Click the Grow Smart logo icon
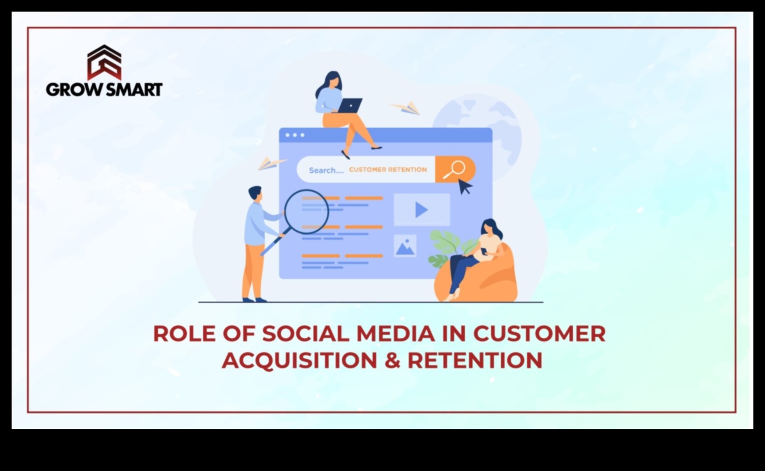(x=104, y=62)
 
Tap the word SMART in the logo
(x=133, y=89)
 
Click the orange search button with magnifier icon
(x=455, y=169)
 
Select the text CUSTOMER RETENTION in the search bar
(x=388, y=170)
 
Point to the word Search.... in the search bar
(x=326, y=171)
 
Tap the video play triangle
(x=421, y=210)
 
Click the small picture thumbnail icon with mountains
(x=405, y=246)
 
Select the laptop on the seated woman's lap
(x=350, y=106)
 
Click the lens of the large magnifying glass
(x=307, y=212)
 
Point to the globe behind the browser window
(x=476, y=125)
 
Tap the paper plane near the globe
(x=406, y=107)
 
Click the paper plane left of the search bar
(x=270, y=163)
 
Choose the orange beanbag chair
(x=488, y=278)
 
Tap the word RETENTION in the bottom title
(x=475, y=360)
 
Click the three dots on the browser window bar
(x=295, y=135)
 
